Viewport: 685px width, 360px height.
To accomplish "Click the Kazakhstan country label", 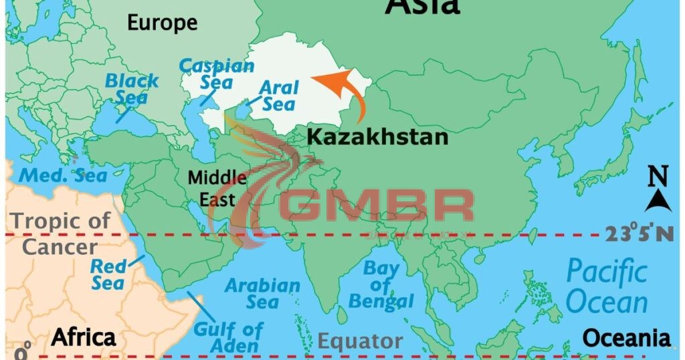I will pyautogui.click(x=377, y=137).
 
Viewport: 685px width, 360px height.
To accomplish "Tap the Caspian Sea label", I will pyautogui.click(x=217, y=74).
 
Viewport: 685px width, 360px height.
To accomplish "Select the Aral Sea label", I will pyautogui.click(x=279, y=96).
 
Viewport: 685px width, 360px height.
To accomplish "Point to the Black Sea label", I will pyautogui.click(x=132, y=89).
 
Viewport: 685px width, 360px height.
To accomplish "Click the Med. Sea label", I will pyautogui.click(x=63, y=175).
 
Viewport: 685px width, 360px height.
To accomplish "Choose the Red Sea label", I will pyautogui.click(x=108, y=274).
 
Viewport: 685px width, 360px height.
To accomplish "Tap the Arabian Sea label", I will pyautogui.click(x=262, y=294).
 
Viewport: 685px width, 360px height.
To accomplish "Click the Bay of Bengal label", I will pyautogui.click(x=381, y=286).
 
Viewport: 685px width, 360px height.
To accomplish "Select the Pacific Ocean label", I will pyautogui.click(x=607, y=286).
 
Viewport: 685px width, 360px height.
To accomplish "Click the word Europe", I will pyautogui.click(x=163, y=23).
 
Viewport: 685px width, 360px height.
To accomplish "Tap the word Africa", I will pyautogui.click(x=84, y=337).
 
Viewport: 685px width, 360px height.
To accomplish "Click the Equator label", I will pyautogui.click(x=360, y=341).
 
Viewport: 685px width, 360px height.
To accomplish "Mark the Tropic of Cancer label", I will pyautogui.click(x=60, y=233).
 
